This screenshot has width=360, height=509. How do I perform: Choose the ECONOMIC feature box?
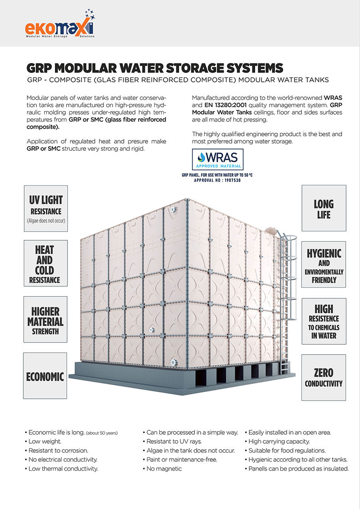(x=45, y=376)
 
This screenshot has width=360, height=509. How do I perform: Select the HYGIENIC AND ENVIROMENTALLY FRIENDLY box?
(x=323, y=266)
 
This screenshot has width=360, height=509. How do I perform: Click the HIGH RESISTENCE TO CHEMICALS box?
(x=323, y=320)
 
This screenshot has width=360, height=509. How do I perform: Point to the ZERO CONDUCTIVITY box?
(x=323, y=377)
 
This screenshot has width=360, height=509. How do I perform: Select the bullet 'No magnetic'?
(x=164, y=468)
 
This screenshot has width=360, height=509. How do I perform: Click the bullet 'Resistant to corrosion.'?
(x=58, y=450)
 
